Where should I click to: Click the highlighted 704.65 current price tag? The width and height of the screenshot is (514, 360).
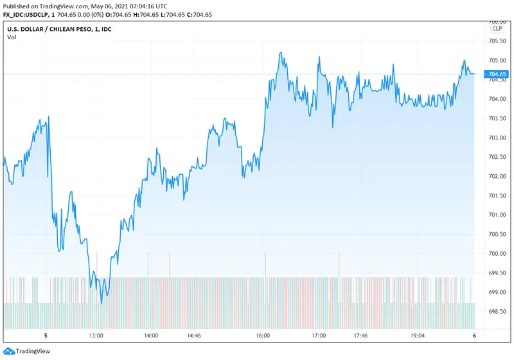497,74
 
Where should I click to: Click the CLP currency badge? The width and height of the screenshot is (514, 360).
497,29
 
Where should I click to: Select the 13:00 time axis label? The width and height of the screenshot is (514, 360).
97,336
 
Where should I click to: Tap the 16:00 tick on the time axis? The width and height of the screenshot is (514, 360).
263,336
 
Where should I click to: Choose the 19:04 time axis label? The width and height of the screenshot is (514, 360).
418,336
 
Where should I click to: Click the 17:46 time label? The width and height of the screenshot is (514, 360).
360,336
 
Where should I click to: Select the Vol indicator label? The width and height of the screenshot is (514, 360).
12,37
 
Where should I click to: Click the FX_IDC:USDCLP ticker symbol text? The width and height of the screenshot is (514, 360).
24,15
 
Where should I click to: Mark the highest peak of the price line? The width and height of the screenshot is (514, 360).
280,53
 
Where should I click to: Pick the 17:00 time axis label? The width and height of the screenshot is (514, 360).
319,336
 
